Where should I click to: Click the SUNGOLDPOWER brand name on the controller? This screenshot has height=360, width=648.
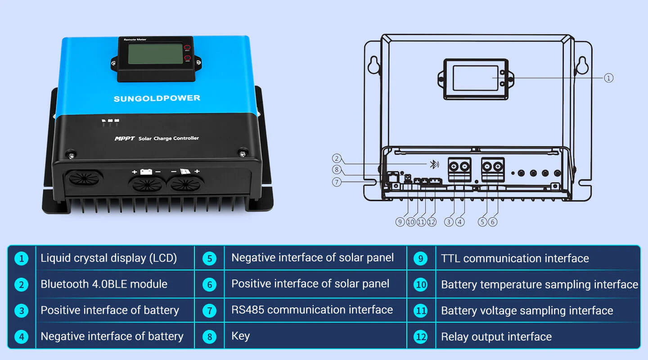click(x=157, y=98)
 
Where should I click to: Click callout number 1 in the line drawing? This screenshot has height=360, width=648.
click(x=608, y=78)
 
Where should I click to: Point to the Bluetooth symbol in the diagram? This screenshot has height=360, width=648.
click(x=433, y=164)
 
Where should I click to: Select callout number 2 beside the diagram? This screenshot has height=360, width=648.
click(x=337, y=158)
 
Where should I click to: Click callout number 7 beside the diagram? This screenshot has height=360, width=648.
click(x=337, y=182)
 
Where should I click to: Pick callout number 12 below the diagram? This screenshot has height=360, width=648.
click(x=432, y=222)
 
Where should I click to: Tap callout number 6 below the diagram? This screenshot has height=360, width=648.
click(x=493, y=222)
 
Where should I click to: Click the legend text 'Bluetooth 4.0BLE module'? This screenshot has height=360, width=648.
click(x=104, y=284)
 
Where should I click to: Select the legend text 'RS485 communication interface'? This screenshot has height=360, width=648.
click(x=312, y=310)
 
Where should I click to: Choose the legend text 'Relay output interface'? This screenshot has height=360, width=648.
click(x=496, y=337)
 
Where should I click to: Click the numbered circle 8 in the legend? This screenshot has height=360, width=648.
click(x=209, y=337)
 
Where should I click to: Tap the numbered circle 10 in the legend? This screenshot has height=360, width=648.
click(x=420, y=285)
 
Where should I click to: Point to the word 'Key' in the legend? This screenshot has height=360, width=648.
click(x=240, y=336)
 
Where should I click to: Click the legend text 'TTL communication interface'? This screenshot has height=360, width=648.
click(x=515, y=259)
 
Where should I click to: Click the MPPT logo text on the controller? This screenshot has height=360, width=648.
click(x=125, y=139)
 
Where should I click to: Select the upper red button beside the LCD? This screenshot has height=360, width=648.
click(x=187, y=48)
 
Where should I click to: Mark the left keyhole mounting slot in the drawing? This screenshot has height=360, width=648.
click(x=373, y=66)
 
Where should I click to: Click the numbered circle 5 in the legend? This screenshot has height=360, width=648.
click(x=209, y=259)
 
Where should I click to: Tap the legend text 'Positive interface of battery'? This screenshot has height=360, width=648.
click(x=110, y=310)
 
